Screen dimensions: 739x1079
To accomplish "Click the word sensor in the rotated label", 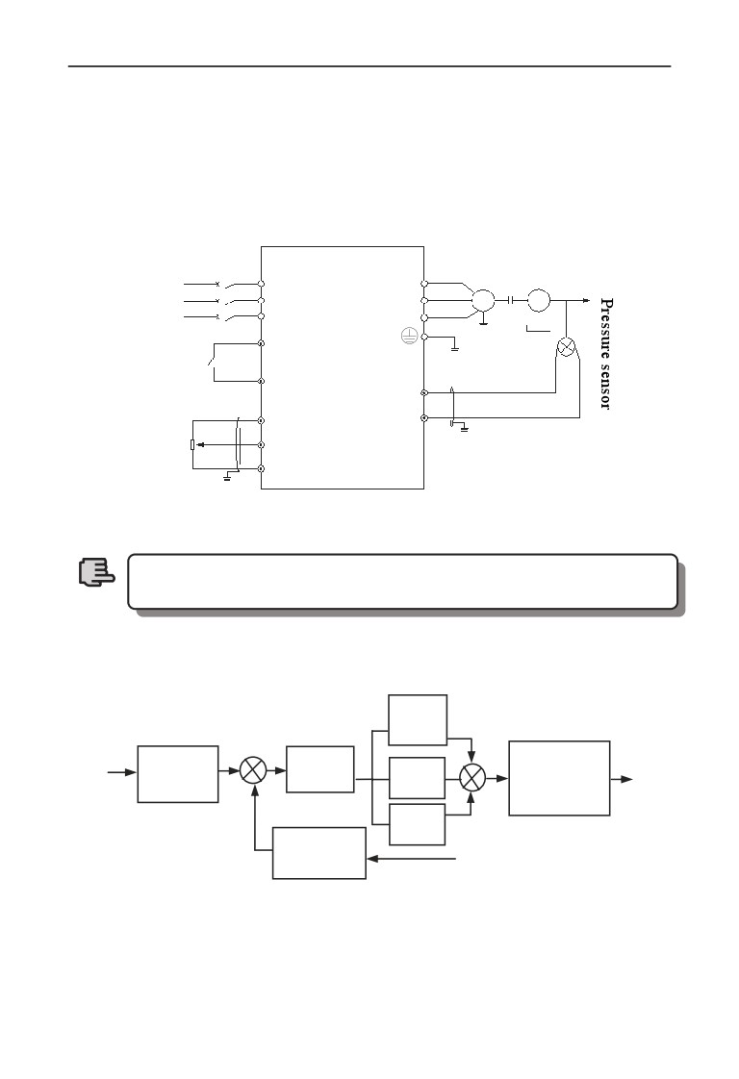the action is (x=606, y=387).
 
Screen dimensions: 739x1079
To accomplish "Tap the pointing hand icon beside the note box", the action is (x=95, y=572).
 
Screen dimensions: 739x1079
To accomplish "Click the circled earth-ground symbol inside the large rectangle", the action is (x=409, y=337).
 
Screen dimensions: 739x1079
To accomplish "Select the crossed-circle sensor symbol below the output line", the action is (x=566, y=347).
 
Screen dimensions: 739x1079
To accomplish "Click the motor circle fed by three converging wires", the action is (x=483, y=300).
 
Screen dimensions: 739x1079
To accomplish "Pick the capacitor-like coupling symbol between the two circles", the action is (x=511, y=300).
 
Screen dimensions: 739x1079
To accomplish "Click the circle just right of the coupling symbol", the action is (x=539, y=300).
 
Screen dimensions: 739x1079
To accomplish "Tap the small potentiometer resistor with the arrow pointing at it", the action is (x=192, y=444).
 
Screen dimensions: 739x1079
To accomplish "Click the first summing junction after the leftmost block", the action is (x=253, y=770).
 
